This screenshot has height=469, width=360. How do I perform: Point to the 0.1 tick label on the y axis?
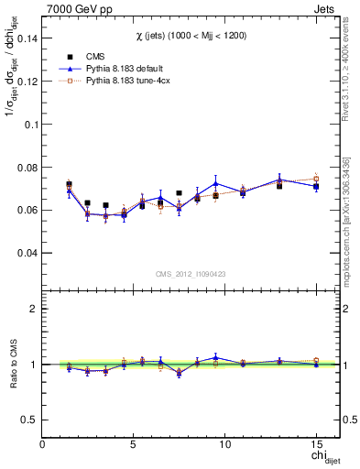(29, 124)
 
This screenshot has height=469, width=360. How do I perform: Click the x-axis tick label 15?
(315, 443)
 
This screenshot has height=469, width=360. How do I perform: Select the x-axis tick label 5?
(134, 443)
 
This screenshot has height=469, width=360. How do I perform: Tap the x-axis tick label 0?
(43, 443)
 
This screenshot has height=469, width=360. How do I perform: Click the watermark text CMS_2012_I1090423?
(190, 273)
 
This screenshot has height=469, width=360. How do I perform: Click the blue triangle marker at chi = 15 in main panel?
(316, 186)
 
